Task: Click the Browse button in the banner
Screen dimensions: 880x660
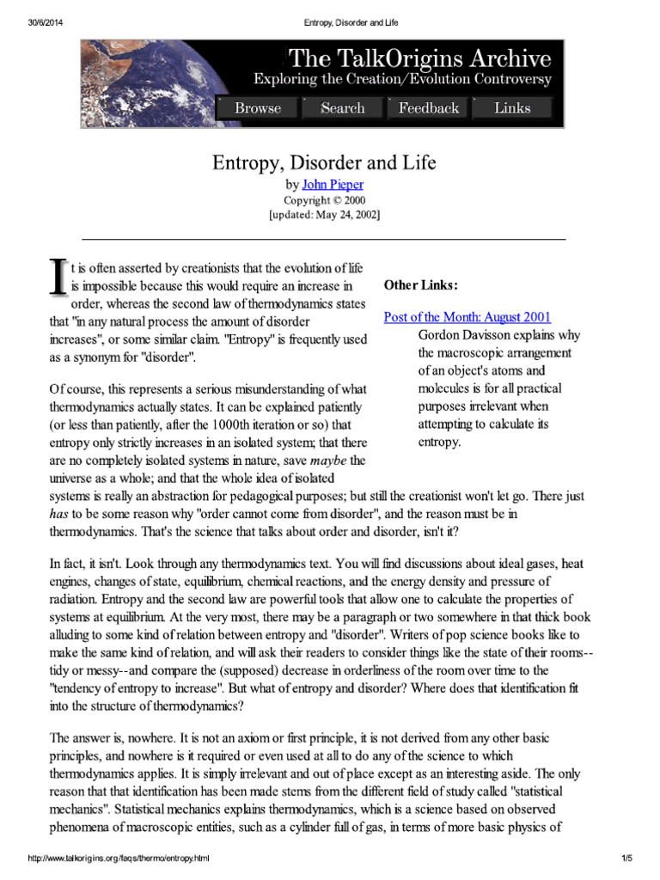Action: click(x=257, y=108)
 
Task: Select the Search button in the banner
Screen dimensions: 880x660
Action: click(x=342, y=108)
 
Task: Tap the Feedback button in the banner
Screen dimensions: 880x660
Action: click(x=428, y=108)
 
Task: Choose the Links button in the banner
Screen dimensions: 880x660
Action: click(x=512, y=108)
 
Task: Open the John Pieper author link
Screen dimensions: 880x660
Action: click(x=338, y=185)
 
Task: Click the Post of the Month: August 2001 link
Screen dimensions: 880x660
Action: click(x=467, y=317)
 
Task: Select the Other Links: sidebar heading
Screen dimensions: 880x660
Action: click(x=420, y=285)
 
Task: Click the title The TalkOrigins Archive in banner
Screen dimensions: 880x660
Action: click(x=420, y=59)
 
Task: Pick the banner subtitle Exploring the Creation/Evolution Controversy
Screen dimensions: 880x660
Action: click(x=401, y=80)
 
